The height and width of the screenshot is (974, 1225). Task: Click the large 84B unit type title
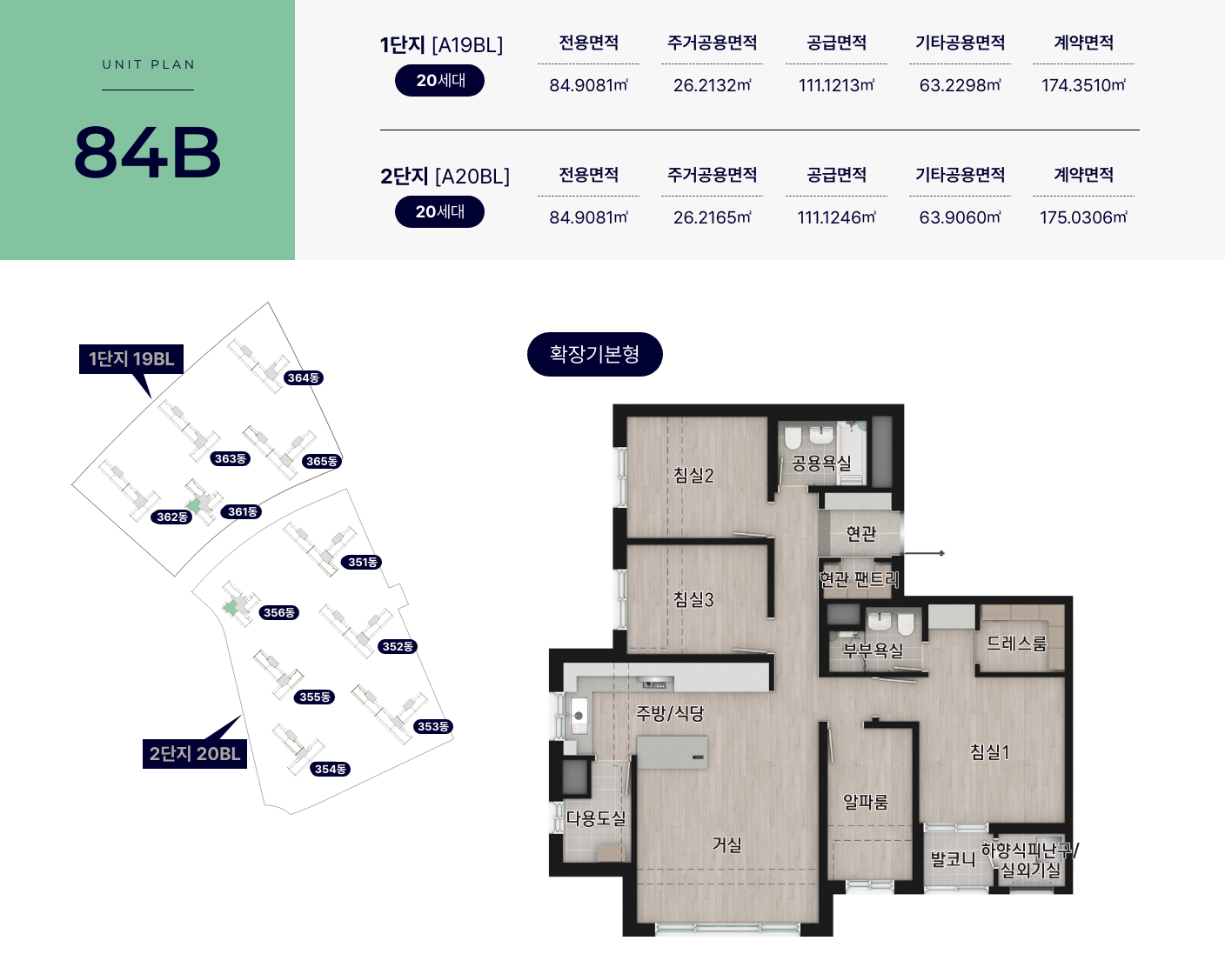click(147, 153)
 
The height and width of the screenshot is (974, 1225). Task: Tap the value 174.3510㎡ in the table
click(1083, 85)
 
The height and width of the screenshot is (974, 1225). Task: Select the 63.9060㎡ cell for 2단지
click(960, 217)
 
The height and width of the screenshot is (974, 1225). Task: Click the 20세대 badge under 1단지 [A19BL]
click(439, 81)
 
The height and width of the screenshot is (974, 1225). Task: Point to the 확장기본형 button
click(595, 354)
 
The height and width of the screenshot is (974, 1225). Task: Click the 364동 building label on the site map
click(304, 378)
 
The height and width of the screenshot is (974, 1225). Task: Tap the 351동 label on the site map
click(362, 563)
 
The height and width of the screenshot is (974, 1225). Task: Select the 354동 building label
click(331, 770)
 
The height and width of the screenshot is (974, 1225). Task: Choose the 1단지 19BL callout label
click(131, 359)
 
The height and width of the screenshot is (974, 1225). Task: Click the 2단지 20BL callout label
click(195, 754)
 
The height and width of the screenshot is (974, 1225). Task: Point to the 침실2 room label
click(693, 476)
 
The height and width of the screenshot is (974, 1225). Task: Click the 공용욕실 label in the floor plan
click(821, 464)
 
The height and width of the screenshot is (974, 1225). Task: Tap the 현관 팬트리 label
click(859, 579)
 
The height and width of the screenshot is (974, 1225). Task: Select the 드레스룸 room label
click(1016, 644)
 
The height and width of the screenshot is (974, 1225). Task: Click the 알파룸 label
click(866, 803)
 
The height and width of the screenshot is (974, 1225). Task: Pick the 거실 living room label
click(727, 844)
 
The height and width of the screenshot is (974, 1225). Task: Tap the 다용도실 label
click(596, 818)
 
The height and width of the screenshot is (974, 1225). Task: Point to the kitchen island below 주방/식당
click(672, 753)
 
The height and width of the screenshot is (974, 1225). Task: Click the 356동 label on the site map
click(279, 613)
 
